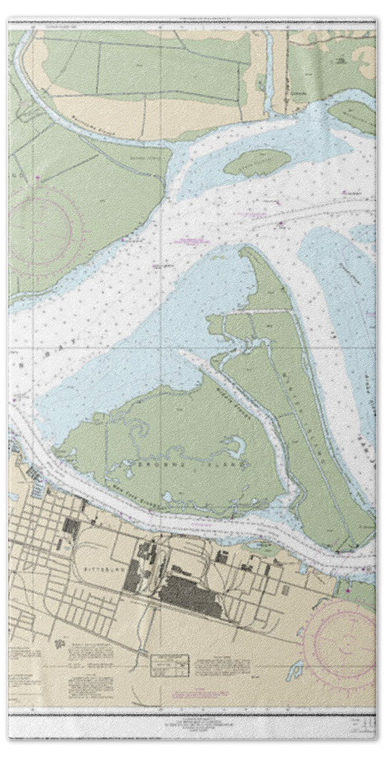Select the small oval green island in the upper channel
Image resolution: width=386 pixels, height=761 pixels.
click(256, 162)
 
